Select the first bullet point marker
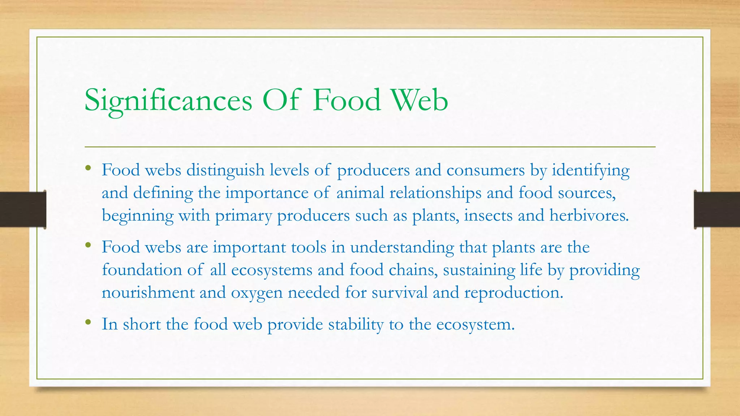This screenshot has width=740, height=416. pyautogui.click(x=88, y=168)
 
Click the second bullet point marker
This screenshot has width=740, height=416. pyautogui.click(x=88, y=245)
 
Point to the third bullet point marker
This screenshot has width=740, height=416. pyautogui.click(x=88, y=322)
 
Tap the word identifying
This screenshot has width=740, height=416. pyautogui.click(x=590, y=170)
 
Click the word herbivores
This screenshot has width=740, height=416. pyautogui.click(x=589, y=215)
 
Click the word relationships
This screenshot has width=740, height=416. pyautogui.click(x=435, y=193)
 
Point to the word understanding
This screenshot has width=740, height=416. pyautogui.click(x=402, y=247)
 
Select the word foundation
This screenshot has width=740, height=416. pyautogui.click(x=142, y=270)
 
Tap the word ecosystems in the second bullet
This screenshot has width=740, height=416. pyautogui.click(x=272, y=270)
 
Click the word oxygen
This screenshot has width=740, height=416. pyautogui.click(x=257, y=292)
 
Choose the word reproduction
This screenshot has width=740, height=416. pyautogui.click(x=513, y=292)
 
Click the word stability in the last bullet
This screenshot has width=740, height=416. pyautogui.click(x=356, y=324)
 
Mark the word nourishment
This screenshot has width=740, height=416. pyautogui.click(x=148, y=292)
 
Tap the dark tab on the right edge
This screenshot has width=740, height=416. pyautogui.click(x=717, y=209)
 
